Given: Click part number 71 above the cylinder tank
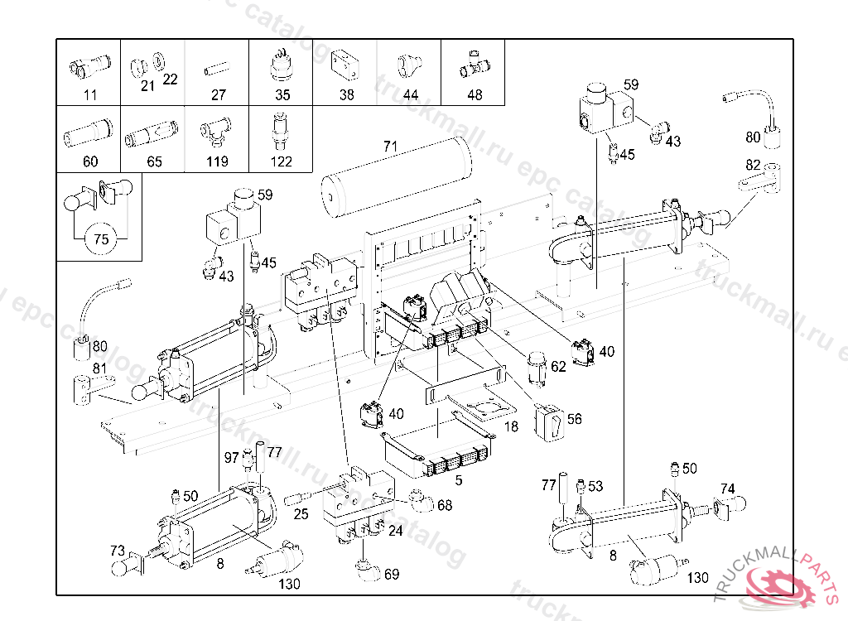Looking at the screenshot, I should pyautogui.click(x=390, y=147).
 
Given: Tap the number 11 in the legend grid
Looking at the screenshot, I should pyautogui.click(x=89, y=95).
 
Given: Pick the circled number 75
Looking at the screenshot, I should pyautogui.click(x=101, y=239).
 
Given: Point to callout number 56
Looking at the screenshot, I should pyautogui.click(x=574, y=420).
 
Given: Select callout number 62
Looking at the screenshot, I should pyautogui.click(x=558, y=366).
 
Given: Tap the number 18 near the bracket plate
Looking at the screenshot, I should pyautogui.click(x=511, y=426).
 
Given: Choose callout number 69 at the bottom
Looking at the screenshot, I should pyautogui.click(x=392, y=574).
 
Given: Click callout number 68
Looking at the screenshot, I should pyautogui.click(x=445, y=505).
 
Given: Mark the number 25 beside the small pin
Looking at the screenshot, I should pyautogui.click(x=301, y=515).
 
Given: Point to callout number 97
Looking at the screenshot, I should pyautogui.click(x=233, y=458).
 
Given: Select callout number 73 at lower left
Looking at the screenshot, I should pyautogui.click(x=118, y=550).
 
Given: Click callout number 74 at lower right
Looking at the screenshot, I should pyautogui.click(x=727, y=488).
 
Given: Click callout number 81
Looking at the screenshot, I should pyautogui.click(x=100, y=368).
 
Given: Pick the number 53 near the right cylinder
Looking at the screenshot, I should pyautogui.click(x=595, y=485).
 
